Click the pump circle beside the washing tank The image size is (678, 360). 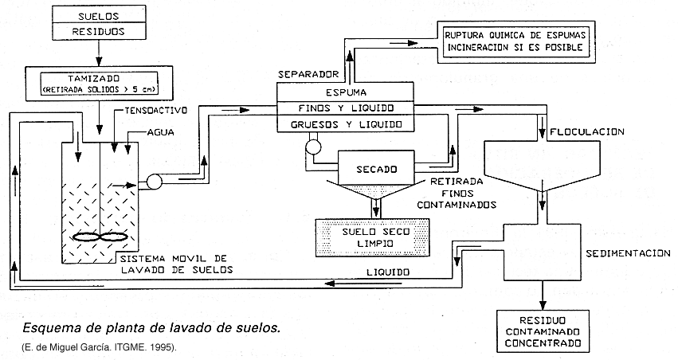[153, 182]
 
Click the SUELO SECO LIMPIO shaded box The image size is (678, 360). [373, 238]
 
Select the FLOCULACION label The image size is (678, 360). [591, 131]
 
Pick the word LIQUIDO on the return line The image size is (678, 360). [387, 272]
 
